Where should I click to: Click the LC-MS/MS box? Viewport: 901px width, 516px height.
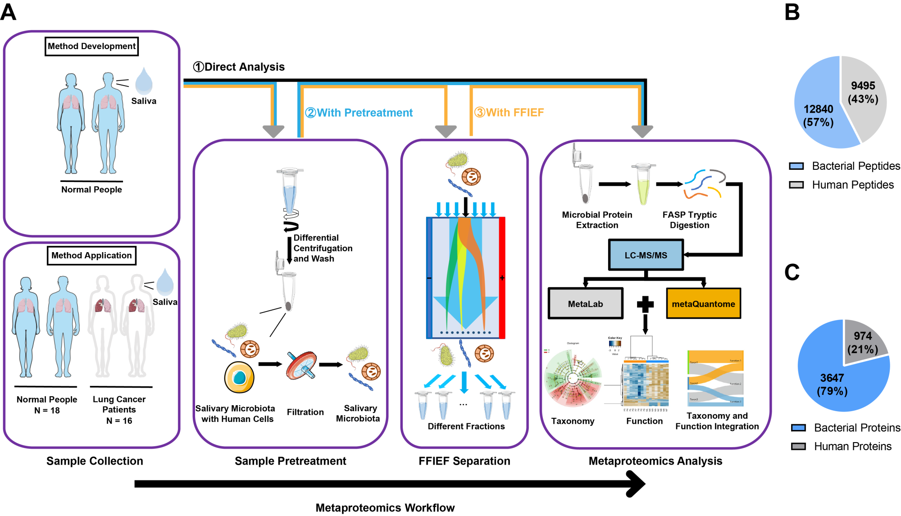point(646,255)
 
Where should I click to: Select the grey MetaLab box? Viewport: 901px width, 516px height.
point(585,304)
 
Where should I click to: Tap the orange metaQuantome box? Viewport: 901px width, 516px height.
point(703,304)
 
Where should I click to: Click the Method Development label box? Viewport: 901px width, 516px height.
point(91,46)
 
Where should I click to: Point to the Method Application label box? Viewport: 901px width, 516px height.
point(91,255)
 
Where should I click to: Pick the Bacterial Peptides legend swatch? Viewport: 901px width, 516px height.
point(796,166)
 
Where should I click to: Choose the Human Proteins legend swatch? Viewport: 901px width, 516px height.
point(798,446)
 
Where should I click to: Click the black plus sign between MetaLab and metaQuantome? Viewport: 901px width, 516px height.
point(645,304)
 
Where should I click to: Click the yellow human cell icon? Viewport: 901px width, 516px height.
point(239,377)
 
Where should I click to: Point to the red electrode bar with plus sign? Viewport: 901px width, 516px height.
point(502,277)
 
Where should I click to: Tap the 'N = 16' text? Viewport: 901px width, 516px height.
point(119,421)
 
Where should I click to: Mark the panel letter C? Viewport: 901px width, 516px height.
point(792,272)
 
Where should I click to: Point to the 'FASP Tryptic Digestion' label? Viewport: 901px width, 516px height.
point(689,220)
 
